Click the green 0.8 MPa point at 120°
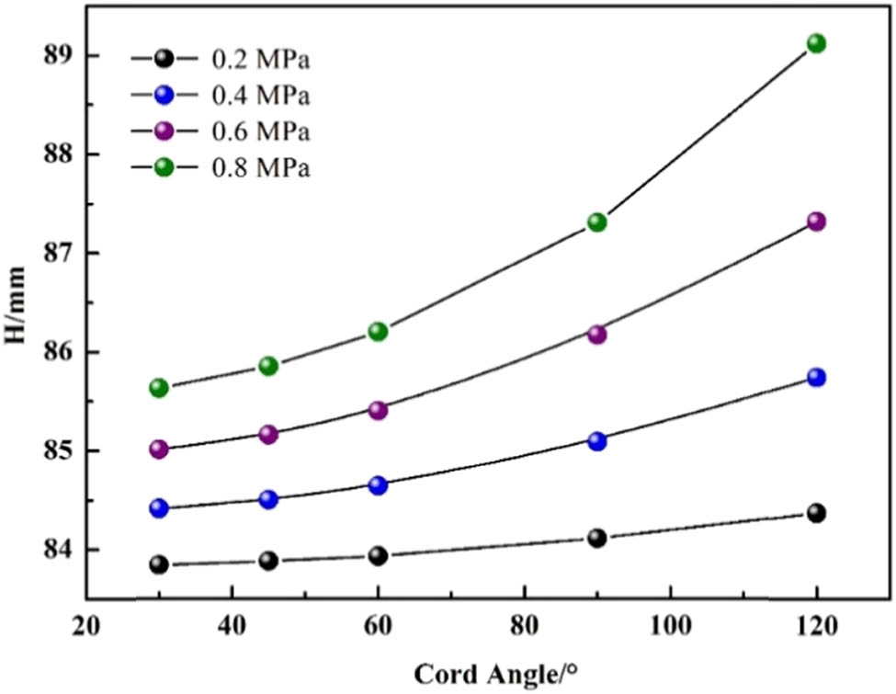[x=816, y=43]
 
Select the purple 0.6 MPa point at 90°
[x=597, y=334]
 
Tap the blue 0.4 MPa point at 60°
[x=378, y=484]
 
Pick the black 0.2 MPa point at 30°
[x=159, y=563]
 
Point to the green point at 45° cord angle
[x=268, y=365]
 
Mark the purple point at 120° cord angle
[x=816, y=222]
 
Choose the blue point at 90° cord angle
[x=597, y=440]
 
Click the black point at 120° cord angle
[x=816, y=512]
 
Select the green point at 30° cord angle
[x=159, y=387]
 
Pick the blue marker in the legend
[x=164, y=96]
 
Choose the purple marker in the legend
[x=164, y=131]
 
